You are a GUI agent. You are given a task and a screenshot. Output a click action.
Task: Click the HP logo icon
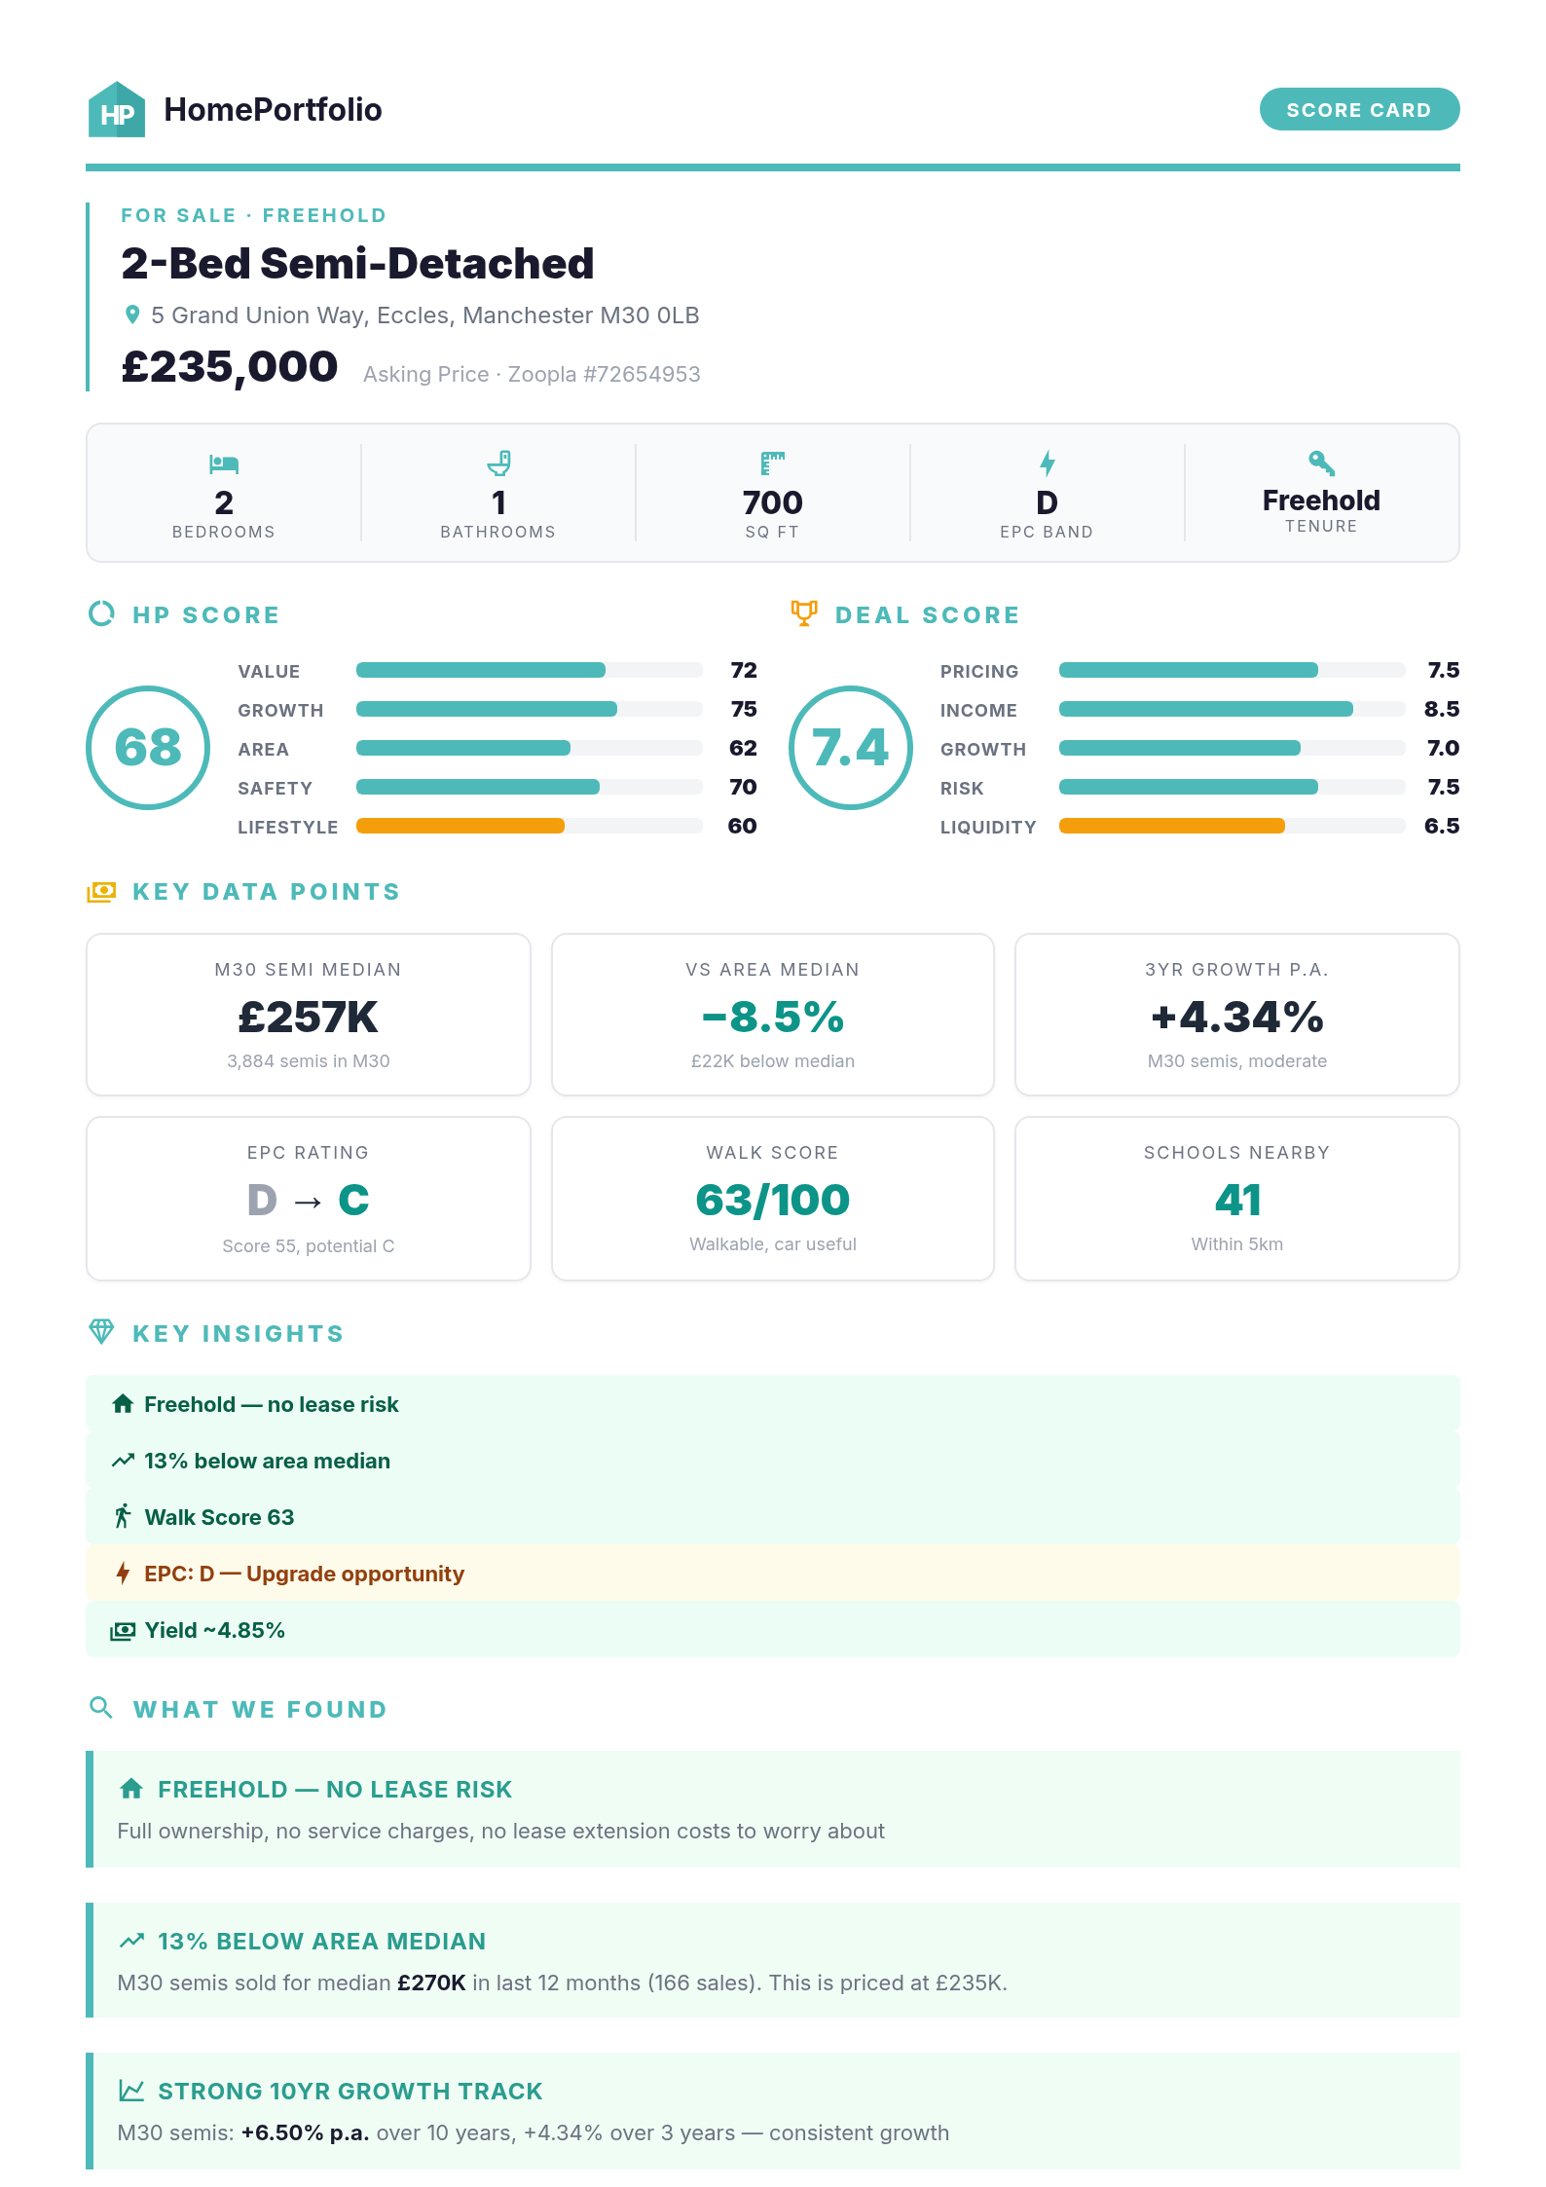click(x=117, y=110)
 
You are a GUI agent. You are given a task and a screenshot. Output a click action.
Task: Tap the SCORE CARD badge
click(x=1358, y=109)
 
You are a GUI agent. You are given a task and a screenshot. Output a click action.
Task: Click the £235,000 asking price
click(x=230, y=367)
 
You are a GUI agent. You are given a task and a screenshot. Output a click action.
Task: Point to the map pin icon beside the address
click(x=132, y=315)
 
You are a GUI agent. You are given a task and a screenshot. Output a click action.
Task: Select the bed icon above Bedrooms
click(x=224, y=463)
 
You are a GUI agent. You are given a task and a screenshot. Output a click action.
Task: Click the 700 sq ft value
click(x=772, y=502)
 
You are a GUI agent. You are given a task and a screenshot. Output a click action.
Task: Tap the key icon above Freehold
click(x=1321, y=462)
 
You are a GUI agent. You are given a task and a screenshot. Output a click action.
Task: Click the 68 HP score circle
click(x=148, y=748)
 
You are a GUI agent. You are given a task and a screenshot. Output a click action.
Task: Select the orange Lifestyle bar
click(x=460, y=826)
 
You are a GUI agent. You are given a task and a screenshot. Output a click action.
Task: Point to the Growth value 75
click(x=743, y=709)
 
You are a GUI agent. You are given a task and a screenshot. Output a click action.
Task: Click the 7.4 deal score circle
click(x=850, y=748)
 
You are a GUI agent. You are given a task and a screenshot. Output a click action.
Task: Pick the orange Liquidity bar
click(x=1171, y=826)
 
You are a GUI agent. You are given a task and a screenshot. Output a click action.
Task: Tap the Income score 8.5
click(x=1441, y=709)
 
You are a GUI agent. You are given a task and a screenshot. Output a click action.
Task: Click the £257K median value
click(x=308, y=1018)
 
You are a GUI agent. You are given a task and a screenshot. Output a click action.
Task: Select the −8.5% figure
click(x=772, y=1018)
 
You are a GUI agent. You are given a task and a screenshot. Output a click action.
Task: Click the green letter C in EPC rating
click(x=353, y=1200)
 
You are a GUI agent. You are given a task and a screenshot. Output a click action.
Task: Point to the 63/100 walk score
click(x=772, y=1200)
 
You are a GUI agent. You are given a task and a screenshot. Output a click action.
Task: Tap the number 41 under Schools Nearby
click(x=1236, y=1200)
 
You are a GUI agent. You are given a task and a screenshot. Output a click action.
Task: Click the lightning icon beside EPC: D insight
click(x=123, y=1573)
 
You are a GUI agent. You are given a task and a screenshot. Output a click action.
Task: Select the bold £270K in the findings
click(x=431, y=1983)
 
